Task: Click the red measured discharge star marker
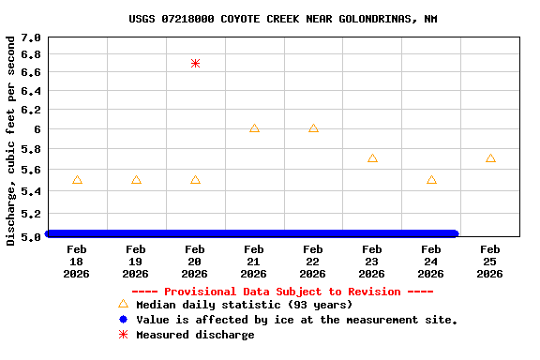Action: coord(195,63)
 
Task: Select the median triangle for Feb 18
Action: coord(77,180)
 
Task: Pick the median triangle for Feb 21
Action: coord(254,128)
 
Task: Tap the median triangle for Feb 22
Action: coord(313,128)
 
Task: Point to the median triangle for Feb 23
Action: coord(372,158)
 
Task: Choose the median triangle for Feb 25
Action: coord(490,158)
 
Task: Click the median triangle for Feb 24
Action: coord(431,180)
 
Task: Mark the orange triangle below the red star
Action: coord(195,180)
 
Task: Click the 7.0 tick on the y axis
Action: coord(31,37)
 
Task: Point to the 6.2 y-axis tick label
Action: coord(31,110)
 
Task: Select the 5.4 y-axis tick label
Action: coord(31,191)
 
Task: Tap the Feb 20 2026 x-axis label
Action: coord(195,262)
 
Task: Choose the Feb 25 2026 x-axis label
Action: coord(490,262)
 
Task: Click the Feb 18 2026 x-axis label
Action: coord(77,262)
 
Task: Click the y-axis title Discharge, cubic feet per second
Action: coord(11,141)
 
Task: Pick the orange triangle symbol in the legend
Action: coord(123,305)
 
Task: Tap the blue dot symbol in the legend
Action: coord(123,320)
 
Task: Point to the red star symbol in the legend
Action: coord(123,335)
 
